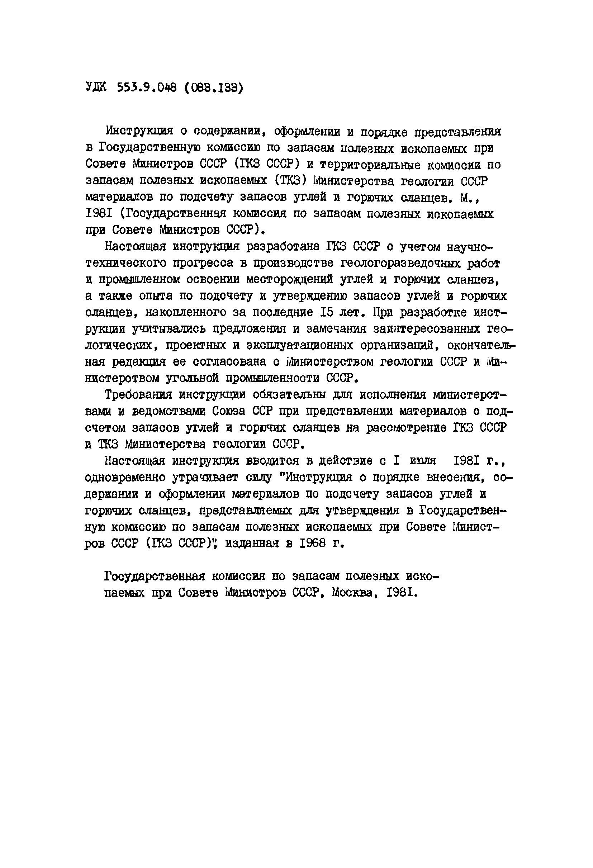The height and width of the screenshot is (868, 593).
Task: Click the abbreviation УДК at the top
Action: pos(96,88)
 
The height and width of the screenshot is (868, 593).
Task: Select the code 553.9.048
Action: pos(146,88)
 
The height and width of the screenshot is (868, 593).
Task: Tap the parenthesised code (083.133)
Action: pos(214,88)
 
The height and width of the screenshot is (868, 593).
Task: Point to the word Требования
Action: pos(138,395)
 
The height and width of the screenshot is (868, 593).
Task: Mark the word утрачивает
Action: pos(205,478)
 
